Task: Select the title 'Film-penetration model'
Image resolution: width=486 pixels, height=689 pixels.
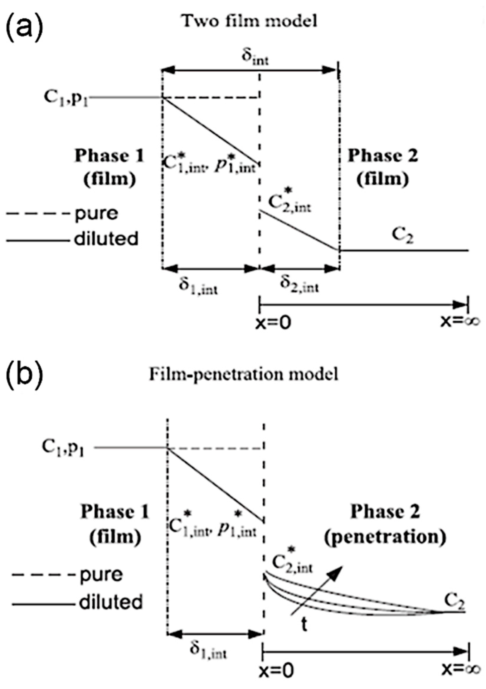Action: coord(243,374)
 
